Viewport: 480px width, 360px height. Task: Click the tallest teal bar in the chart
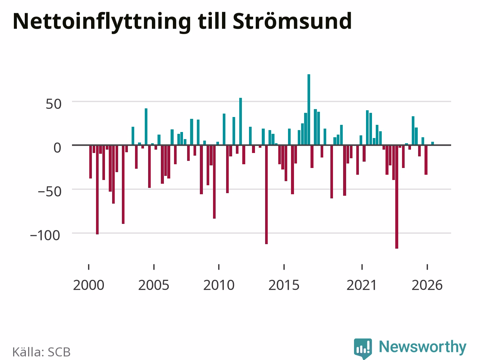[x=309, y=109]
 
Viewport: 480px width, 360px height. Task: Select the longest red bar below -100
[x=397, y=197]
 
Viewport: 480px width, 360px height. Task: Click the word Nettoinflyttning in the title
[x=102, y=22]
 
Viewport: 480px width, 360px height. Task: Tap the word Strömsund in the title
[x=292, y=21]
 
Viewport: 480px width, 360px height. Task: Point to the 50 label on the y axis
[x=54, y=104]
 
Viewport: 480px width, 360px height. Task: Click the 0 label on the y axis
[x=57, y=148]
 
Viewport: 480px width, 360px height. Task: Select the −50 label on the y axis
[x=49, y=192]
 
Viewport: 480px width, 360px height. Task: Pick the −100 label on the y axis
[x=45, y=236]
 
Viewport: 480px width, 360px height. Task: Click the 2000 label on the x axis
[x=88, y=285]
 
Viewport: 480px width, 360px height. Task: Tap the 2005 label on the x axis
[x=154, y=285]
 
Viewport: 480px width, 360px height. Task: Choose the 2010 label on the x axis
[x=219, y=285]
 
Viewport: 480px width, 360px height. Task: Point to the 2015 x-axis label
[x=284, y=285]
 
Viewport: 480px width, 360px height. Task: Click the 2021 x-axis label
[x=362, y=285]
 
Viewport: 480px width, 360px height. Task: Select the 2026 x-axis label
[x=427, y=285]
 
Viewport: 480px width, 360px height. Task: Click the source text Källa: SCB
[x=42, y=352]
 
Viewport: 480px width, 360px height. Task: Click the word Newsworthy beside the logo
[x=423, y=347]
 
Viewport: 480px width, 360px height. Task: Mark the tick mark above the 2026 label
[x=427, y=267]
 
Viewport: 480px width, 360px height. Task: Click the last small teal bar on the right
[x=432, y=143]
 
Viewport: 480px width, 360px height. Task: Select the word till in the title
[x=211, y=21]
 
